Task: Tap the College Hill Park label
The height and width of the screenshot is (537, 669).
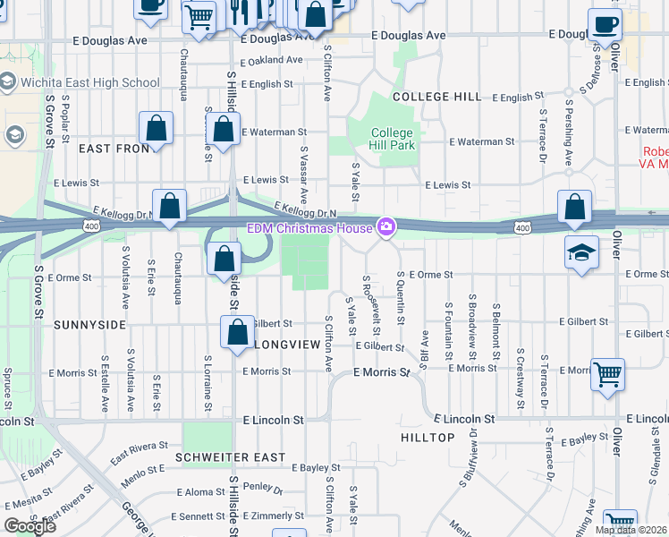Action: pyautogui.click(x=394, y=139)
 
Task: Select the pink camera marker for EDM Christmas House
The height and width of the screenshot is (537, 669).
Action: pyautogui.click(x=386, y=227)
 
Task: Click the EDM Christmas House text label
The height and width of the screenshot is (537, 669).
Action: pyautogui.click(x=309, y=228)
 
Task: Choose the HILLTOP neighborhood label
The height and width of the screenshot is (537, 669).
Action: pyautogui.click(x=427, y=437)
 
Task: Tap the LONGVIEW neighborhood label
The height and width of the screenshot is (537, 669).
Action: pyautogui.click(x=288, y=344)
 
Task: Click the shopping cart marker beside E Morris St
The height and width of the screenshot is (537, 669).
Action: pyautogui.click(x=607, y=375)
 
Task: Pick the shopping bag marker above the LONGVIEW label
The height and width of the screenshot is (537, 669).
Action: pyautogui.click(x=237, y=332)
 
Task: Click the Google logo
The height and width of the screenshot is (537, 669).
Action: pyautogui.click(x=30, y=525)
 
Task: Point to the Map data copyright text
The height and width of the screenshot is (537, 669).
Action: pyautogui.click(x=631, y=530)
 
